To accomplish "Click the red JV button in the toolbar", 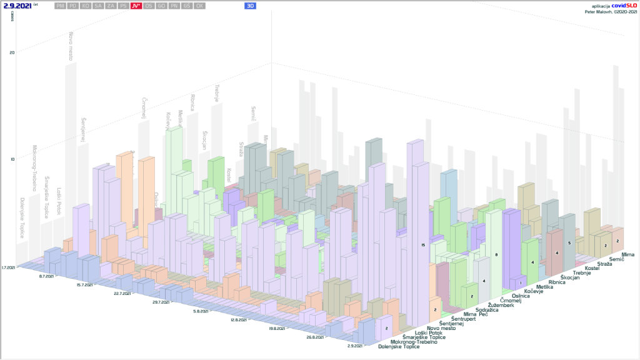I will tap(136, 6).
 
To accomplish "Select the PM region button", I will tap(60, 6).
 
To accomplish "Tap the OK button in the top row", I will tap(199, 6).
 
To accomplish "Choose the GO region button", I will tap(161, 6).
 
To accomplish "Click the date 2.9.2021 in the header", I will tap(17, 6).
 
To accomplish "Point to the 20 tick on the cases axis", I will tap(12, 52).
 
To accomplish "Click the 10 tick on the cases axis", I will tap(12, 159).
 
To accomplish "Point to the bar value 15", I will tap(423, 245).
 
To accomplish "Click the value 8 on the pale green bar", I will tap(496, 255).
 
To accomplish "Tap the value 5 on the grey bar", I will tap(569, 242).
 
